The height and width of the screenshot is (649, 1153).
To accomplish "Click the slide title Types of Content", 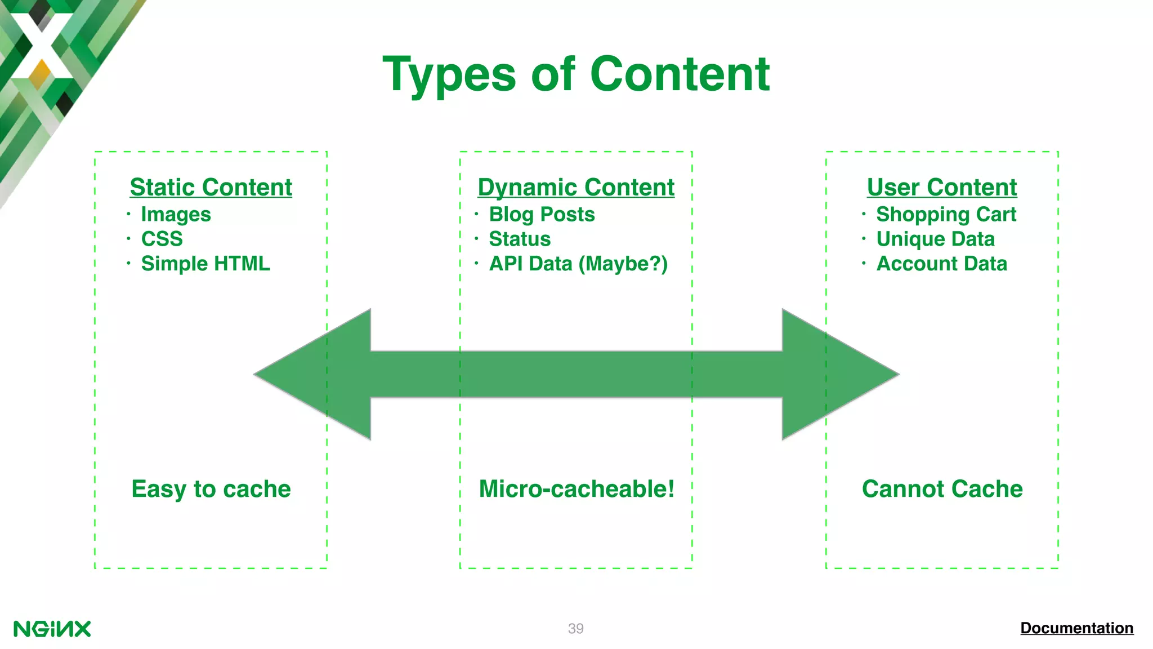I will pos(576,74).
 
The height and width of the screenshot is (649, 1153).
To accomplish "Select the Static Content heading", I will pos(211,187).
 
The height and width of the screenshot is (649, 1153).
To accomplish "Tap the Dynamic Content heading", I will pos(576,187).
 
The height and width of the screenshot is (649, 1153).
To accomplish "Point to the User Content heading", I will pos(942,187).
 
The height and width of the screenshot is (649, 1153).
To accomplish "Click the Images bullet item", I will pos(176,215).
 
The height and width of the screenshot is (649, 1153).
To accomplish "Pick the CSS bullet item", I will pos(162,239).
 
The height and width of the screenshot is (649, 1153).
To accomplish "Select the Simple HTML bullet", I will pos(205,264).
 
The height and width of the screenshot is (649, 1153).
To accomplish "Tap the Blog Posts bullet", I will pos(542,215).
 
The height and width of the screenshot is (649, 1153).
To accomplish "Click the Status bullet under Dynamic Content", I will pos(520,239).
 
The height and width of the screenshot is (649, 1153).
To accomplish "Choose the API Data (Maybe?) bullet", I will pos(578,264).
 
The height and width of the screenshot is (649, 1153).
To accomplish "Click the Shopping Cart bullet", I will pos(946,215).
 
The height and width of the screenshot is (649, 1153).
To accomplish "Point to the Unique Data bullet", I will pos(935,239).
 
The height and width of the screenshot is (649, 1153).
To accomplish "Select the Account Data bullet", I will pos(941,264).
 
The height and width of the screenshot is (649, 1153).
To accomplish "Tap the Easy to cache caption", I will pos(211,489).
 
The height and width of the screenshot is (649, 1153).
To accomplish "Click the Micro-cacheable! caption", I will pos(576,489).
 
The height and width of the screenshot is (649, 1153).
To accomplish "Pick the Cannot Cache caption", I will pos(942,489).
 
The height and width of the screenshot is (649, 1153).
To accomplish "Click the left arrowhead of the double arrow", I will pos(315,374).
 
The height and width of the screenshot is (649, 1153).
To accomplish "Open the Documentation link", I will pos(1076,628).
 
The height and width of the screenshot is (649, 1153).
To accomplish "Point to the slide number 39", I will pos(575,629).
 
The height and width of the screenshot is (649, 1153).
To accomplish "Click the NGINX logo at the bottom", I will pos(52,629).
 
